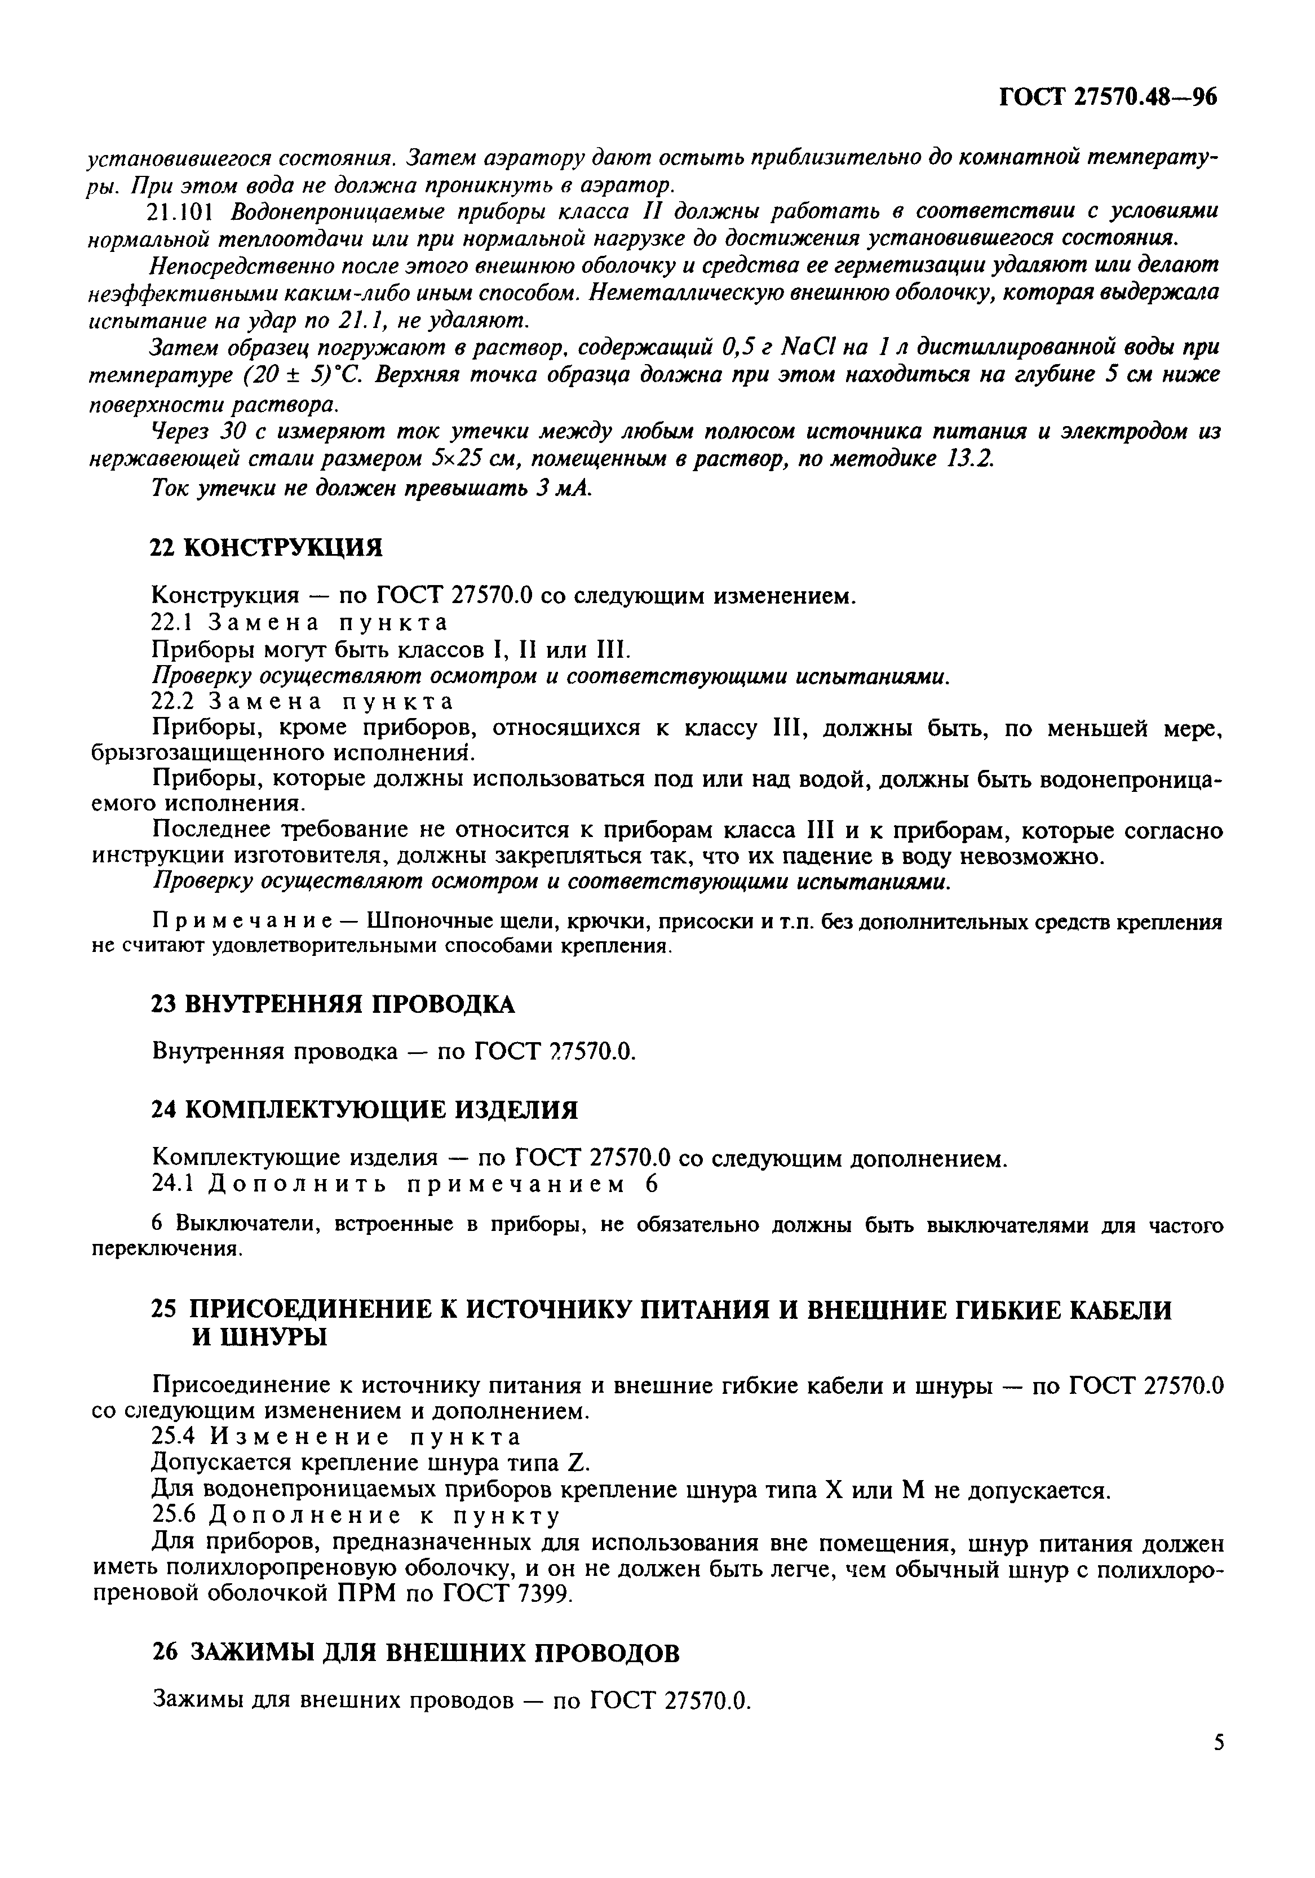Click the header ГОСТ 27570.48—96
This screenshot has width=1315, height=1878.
coord(1108,98)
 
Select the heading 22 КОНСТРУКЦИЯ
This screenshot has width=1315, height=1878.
coord(267,547)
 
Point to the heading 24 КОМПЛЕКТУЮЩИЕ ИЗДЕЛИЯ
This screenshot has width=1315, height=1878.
coord(365,1110)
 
